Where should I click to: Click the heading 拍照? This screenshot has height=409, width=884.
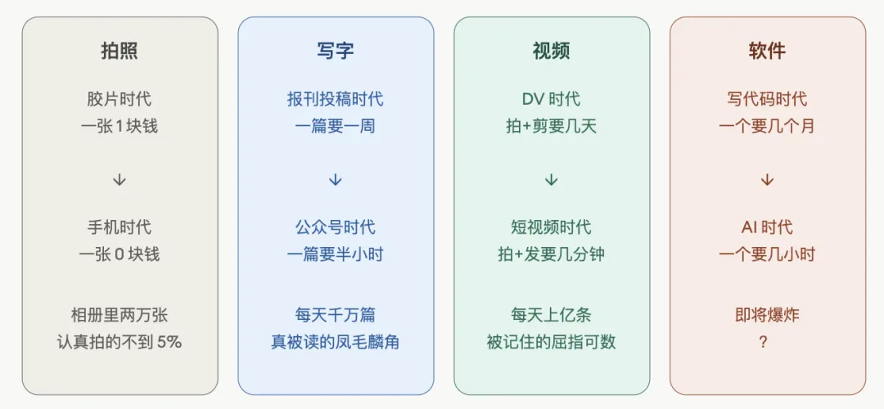click(120, 51)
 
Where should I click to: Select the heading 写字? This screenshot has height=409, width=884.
click(335, 51)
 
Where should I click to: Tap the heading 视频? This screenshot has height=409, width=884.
click(551, 51)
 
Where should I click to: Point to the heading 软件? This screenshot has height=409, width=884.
click(767, 51)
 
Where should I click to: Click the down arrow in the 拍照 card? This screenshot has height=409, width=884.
click(120, 180)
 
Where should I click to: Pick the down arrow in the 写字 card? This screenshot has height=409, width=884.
click(335, 180)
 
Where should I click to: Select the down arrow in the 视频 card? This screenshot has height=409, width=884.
click(551, 180)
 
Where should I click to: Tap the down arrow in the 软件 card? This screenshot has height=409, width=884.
click(767, 180)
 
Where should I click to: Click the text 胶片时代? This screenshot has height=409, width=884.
click(120, 99)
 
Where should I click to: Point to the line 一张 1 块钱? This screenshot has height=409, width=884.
click(120, 127)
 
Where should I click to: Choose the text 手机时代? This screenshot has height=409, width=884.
click(120, 227)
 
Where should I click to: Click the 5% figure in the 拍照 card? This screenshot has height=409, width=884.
click(168, 342)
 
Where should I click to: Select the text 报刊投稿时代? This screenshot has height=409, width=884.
click(335, 99)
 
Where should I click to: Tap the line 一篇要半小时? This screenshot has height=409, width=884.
click(335, 254)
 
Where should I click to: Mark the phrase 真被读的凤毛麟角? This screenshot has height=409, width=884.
click(335, 342)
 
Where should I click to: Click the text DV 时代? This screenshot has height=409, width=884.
click(551, 99)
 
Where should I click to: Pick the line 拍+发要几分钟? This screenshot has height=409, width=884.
click(551, 254)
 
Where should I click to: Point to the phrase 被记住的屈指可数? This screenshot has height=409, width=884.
click(551, 342)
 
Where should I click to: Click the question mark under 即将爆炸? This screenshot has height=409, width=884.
click(763, 343)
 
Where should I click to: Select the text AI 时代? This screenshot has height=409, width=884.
click(767, 227)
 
